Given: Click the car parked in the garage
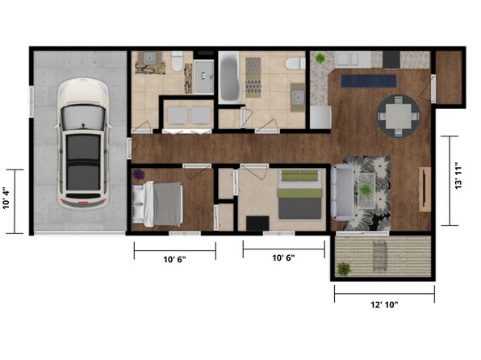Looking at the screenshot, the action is [x=83, y=144].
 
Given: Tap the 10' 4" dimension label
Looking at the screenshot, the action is [x=6, y=199].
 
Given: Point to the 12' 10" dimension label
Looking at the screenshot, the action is [x=384, y=305].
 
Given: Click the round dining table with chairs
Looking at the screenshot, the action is [x=398, y=116].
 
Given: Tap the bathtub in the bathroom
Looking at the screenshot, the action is [x=229, y=77].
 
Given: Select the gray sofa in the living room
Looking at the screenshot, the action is [x=342, y=192].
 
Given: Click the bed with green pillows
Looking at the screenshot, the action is [x=300, y=195].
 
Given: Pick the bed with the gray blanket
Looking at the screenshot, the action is [x=157, y=203].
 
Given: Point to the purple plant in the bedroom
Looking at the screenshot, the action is [x=139, y=174].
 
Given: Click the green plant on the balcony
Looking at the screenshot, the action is [x=344, y=269].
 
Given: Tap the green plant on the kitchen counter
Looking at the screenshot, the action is [x=320, y=58].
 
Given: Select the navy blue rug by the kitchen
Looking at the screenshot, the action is [x=369, y=81].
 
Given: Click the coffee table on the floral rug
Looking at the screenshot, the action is [x=366, y=190].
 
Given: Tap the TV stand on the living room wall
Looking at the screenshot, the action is [x=425, y=189].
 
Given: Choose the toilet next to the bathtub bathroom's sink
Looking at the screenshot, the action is [x=295, y=64].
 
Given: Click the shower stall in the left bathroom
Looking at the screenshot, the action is [x=203, y=77].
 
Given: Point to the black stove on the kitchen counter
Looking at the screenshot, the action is [x=391, y=59].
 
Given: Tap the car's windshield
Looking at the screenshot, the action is [x=83, y=118].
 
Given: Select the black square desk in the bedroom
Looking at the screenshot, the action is [x=257, y=224].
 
